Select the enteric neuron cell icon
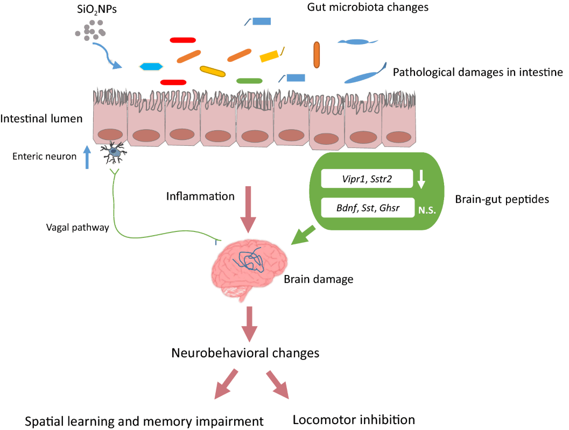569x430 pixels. pyautogui.click(x=114, y=154)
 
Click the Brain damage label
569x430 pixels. pyautogui.click(x=318, y=280)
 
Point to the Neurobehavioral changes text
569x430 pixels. pyautogui.click(x=245, y=353)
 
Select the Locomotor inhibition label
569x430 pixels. pyautogui.click(x=354, y=419)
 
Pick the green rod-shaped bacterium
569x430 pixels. pyautogui.click(x=249, y=81)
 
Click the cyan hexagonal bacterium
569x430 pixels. pyautogui.click(x=151, y=67)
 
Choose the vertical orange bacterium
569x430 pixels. pyautogui.click(x=317, y=55)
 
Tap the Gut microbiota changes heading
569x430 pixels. pyautogui.click(x=368, y=7)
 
